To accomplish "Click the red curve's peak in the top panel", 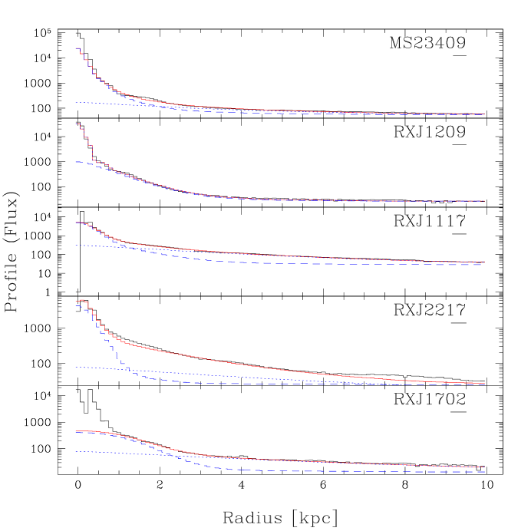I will coord(78,48).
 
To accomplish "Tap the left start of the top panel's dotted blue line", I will coord(76,102).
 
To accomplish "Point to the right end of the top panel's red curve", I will coord(483,114).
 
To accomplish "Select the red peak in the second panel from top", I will coord(78,123).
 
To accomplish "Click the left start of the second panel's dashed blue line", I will coord(76,162).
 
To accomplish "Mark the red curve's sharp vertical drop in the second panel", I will coord(92,153).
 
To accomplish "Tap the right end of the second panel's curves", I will coord(483,201).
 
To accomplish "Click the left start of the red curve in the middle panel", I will coord(76,223).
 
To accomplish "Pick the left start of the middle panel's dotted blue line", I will coord(76,246).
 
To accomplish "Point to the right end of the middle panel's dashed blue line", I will coord(483,265).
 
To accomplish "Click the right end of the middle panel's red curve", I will coord(483,262).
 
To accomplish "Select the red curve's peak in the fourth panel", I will coord(82,300).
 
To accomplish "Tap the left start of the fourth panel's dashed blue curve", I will coord(76,305).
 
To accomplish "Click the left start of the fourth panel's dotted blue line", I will coord(76,368).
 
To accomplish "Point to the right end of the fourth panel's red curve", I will coord(483,383).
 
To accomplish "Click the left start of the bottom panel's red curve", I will coord(76,431).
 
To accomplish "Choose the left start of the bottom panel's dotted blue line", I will coord(76,452).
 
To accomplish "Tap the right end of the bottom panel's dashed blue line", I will coord(483,471).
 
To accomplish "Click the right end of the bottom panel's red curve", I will coord(483,467).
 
